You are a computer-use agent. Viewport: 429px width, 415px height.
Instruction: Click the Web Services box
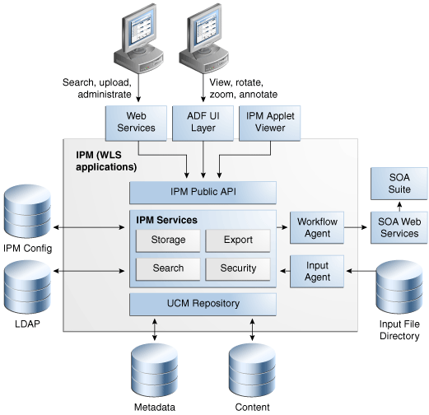[136, 122]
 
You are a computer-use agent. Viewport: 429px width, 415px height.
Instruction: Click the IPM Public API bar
[202, 193]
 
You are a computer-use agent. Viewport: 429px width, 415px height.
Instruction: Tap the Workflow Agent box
[314, 227]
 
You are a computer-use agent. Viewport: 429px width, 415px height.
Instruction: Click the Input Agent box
[314, 271]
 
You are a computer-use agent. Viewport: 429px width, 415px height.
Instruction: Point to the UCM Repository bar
[202, 304]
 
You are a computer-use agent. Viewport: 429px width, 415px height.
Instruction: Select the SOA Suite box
[398, 181]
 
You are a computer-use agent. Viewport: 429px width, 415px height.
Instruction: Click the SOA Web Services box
[398, 227]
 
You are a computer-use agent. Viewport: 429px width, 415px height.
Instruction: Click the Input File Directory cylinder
[399, 284]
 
